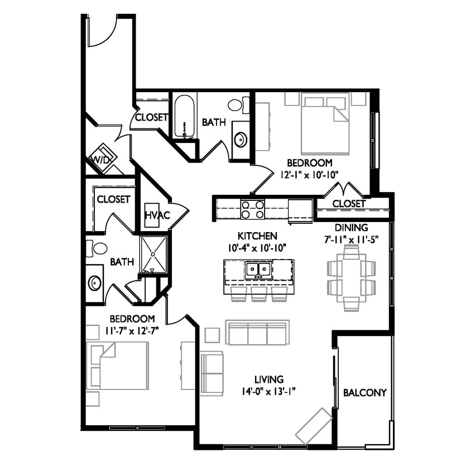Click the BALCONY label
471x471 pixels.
364,392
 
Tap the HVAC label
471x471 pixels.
153,215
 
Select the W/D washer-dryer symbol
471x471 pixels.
103,158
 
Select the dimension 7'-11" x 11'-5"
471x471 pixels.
351,239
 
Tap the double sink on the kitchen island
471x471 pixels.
258,271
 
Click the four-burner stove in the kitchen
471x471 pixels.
252,209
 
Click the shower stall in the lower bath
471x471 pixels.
153,254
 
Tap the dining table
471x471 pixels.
351,278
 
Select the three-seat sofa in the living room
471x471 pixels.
257,333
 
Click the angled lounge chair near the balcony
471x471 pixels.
313,425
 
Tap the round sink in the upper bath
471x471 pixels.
240,139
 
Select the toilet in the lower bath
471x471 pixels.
97,248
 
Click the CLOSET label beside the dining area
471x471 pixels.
349,204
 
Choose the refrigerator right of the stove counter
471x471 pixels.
300,210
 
